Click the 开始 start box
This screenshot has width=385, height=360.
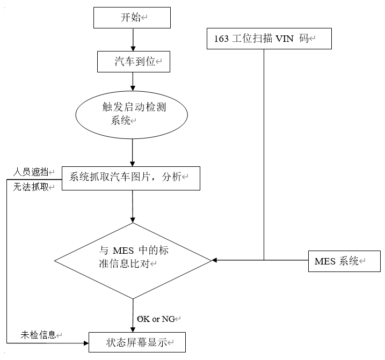(x=132, y=18)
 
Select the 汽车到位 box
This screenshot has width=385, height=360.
(x=133, y=62)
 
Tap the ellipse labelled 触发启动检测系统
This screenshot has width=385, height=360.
(x=133, y=114)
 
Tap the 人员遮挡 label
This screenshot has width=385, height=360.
(x=31, y=172)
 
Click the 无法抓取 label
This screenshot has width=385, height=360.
(x=31, y=187)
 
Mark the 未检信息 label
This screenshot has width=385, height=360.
(x=38, y=335)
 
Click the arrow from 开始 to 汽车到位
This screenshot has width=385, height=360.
(x=132, y=40)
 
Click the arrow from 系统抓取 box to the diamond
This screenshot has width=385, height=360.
(x=132, y=206)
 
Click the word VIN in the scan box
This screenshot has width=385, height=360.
(x=284, y=39)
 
